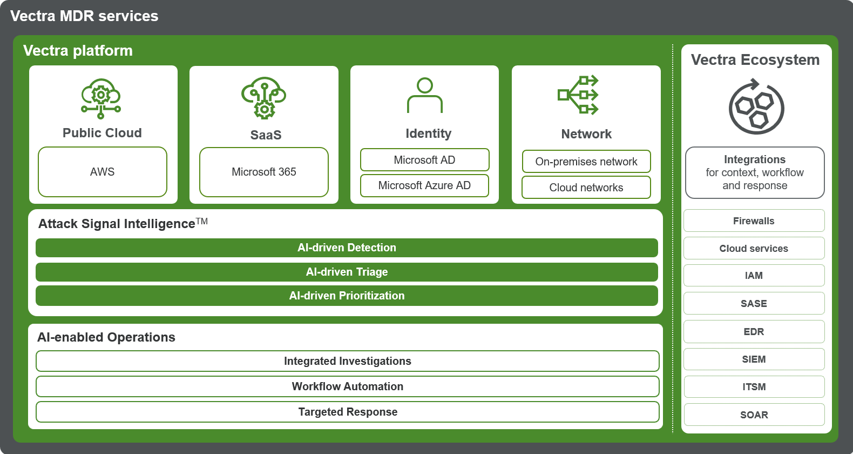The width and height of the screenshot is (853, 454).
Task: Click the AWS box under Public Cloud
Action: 103,172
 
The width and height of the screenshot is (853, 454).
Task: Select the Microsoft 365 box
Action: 264,172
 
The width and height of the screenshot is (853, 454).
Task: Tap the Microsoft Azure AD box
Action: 424,185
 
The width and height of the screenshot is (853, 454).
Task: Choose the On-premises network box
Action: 586,162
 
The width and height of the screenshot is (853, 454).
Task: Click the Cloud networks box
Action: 586,188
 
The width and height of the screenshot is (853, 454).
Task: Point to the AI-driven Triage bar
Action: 347,272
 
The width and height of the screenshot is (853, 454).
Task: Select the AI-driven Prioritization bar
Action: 347,296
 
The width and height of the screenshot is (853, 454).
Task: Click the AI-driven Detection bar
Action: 347,248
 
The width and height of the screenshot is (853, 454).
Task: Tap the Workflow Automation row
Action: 348,386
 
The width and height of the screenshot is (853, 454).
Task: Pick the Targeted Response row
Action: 348,412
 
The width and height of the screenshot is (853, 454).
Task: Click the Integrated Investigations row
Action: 348,361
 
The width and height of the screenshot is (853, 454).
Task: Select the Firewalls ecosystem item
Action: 754,221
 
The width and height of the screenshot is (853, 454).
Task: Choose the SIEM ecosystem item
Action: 754,359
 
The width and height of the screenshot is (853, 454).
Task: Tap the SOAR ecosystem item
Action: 754,415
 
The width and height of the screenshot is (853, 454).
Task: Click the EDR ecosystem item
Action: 754,331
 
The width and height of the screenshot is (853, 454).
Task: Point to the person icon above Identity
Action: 425,95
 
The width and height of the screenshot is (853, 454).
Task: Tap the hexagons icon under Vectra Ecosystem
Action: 756,107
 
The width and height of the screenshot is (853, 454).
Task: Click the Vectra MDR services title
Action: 84,16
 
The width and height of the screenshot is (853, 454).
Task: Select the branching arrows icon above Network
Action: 578,95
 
